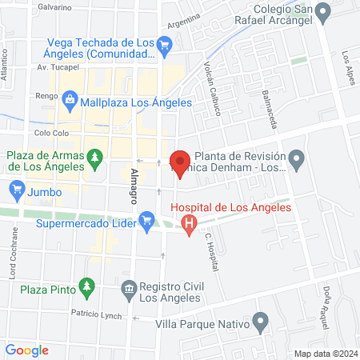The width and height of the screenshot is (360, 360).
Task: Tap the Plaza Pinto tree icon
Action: point(87,286)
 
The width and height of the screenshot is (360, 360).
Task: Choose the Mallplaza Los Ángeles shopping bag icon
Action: point(70,101)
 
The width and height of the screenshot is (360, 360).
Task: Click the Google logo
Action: point(27,350)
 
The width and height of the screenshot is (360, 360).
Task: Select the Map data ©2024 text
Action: point(324,353)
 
